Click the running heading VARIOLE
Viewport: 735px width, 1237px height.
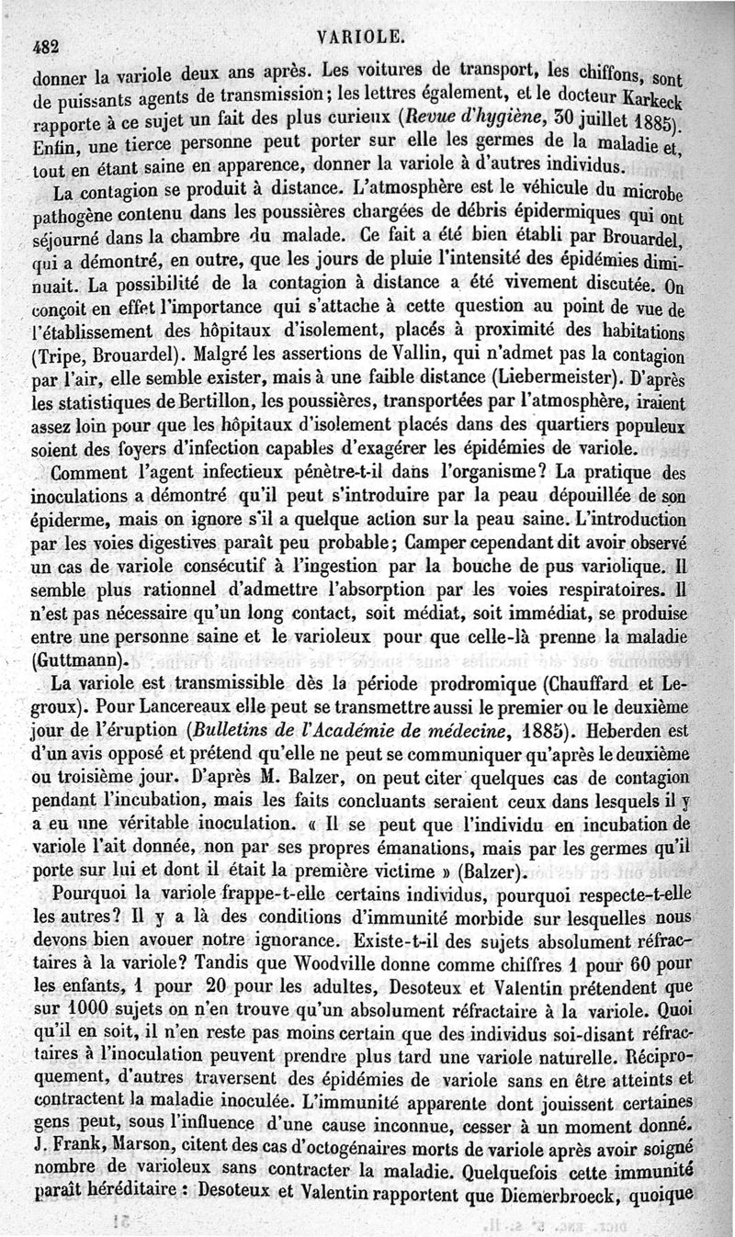click(361, 36)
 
